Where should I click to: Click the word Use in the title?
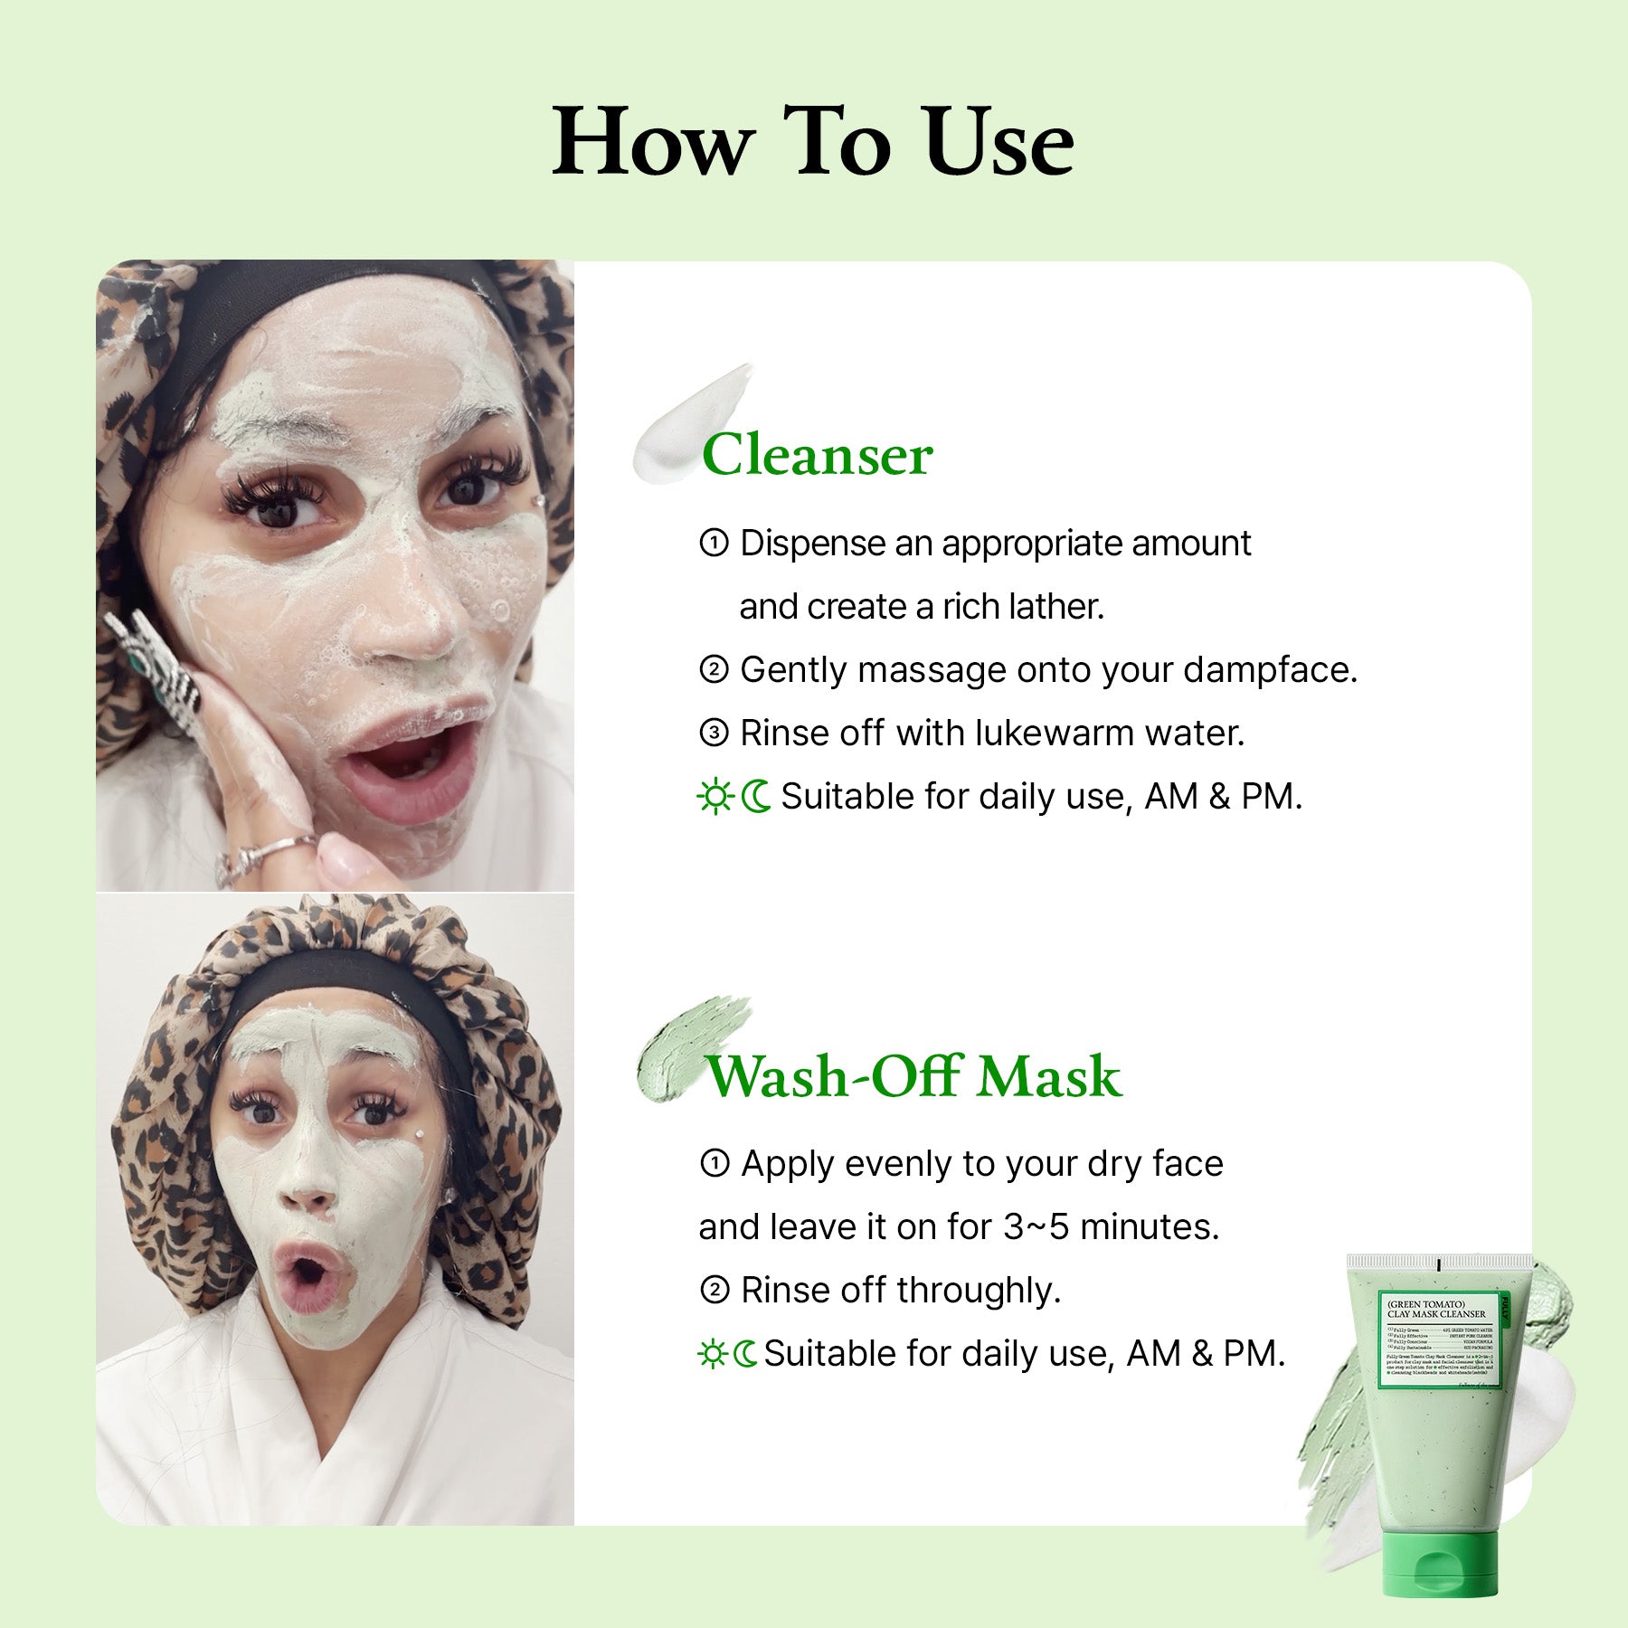[999, 142]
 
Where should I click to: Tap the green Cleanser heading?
[817, 455]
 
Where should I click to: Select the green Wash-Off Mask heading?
[913, 1076]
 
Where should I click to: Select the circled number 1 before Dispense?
[714, 544]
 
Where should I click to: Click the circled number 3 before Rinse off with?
[714, 734]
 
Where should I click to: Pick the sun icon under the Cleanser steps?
[715, 797]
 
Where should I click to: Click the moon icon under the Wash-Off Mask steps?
[746, 1354]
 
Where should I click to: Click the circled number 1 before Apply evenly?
[715, 1164]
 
